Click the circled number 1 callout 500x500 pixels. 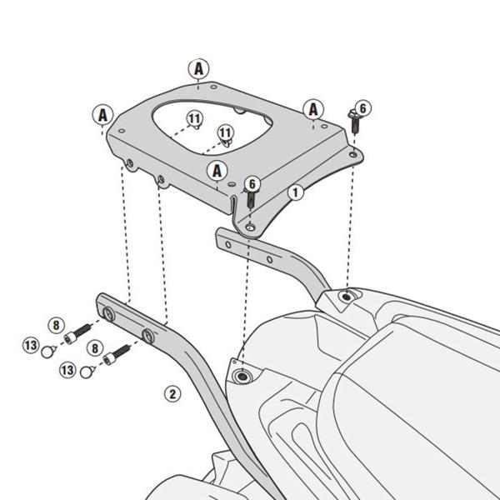tap(294, 192)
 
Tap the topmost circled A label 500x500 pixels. tap(198, 70)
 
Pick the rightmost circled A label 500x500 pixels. tap(313, 108)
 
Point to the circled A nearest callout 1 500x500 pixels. tap(218, 171)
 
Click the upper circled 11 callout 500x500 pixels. tap(194, 119)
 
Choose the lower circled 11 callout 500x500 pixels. tap(225, 132)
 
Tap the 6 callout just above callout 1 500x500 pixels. tap(253, 185)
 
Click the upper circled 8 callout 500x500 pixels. tap(56, 325)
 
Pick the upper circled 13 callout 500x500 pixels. tap(30, 345)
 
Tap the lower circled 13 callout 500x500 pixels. tap(67, 367)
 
